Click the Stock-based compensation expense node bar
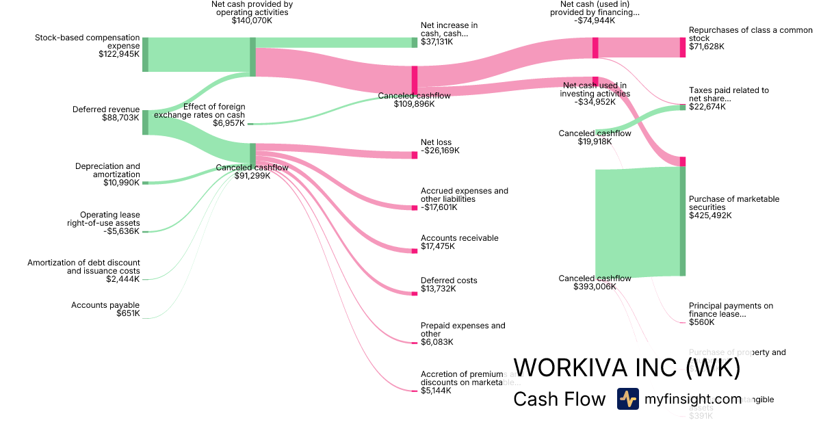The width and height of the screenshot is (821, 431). (x=145, y=55)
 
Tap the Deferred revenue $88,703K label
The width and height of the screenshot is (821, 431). (x=106, y=114)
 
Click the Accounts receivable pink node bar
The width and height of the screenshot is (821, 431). (x=414, y=250)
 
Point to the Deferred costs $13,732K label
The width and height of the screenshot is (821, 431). (x=449, y=285)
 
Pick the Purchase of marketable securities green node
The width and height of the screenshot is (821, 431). (x=682, y=220)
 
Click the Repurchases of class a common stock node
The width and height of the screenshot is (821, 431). (x=682, y=47)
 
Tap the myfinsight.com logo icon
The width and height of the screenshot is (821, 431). (x=628, y=399)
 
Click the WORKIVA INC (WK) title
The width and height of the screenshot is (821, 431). (x=627, y=368)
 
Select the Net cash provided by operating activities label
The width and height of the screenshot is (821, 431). (x=252, y=12)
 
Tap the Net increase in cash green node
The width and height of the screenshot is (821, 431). (x=414, y=42)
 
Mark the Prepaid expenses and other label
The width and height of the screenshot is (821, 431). (x=462, y=334)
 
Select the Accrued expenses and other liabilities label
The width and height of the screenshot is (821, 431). (x=464, y=199)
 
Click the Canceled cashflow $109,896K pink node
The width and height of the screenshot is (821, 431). (x=414, y=80)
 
